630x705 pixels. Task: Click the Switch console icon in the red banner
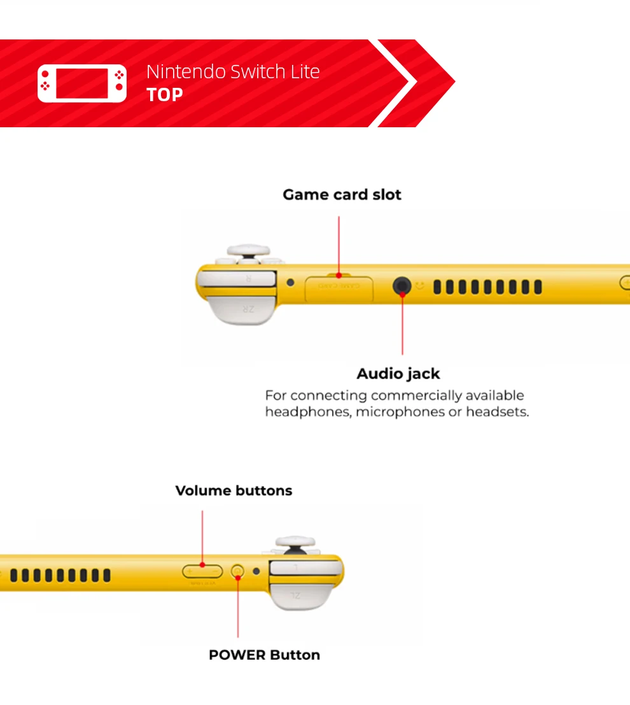pos(82,83)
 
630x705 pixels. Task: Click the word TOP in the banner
pos(165,95)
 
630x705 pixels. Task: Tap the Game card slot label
pos(342,195)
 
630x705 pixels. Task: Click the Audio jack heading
pos(398,373)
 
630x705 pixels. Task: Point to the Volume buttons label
pos(234,491)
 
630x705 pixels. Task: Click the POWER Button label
pos(264,655)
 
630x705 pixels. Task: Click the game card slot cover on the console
pos(339,288)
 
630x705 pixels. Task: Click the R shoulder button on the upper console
pos(246,279)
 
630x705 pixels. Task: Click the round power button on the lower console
pos(238,571)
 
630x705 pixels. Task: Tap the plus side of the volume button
pos(190,571)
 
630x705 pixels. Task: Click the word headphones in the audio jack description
pos(307,412)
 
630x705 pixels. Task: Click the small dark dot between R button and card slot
pos(291,283)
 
